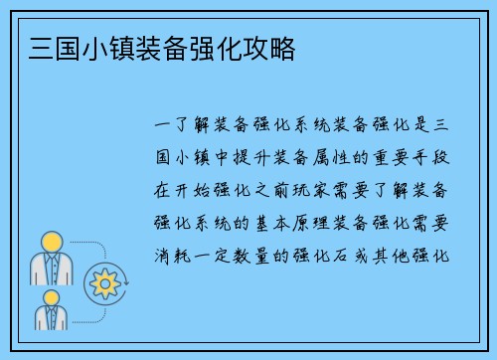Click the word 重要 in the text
pyautogui.click(x=379, y=156)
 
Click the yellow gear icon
pyautogui.click(x=104, y=284)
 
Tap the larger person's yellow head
pyautogui.click(x=52, y=241)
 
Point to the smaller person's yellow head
pyautogui.click(x=52, y=297)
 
